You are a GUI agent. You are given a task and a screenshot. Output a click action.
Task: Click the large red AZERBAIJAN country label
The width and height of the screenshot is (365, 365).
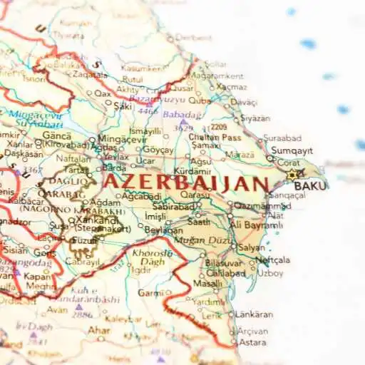click(186, 182)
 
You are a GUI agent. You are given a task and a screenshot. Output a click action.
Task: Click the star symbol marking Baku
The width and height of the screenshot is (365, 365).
click(292, 174)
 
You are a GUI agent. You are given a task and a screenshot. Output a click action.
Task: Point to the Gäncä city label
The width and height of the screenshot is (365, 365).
click(56, 135)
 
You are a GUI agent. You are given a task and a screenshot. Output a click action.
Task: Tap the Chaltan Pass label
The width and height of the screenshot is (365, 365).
click(215, 137)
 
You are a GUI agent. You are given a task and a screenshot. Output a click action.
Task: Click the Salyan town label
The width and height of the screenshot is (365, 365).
click(251, 247)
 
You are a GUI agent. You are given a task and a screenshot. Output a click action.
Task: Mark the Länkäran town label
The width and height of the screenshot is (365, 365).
click(254, 314)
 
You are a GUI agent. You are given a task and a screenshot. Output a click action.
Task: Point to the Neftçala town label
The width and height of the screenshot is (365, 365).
click(273, 260)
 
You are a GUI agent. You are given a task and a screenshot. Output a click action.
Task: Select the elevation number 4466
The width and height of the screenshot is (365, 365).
click(148, 111)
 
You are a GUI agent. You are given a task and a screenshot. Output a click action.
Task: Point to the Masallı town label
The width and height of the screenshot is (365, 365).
click(206, 283)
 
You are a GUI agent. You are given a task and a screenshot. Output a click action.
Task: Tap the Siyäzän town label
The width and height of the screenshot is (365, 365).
click(255, 118)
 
